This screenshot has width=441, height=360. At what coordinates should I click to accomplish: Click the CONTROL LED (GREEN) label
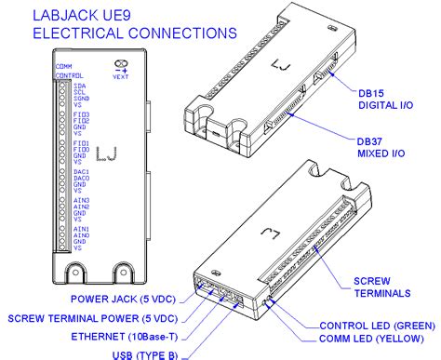[x=376, y=326]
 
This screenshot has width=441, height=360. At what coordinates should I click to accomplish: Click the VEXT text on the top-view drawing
[x=120, y=77]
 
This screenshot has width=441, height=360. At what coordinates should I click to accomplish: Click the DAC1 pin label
[x=82, y=172]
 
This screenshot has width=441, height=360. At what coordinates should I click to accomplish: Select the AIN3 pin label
[x=82, y=200]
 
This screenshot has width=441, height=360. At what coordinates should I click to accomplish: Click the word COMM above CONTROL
[x=63, y=67]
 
